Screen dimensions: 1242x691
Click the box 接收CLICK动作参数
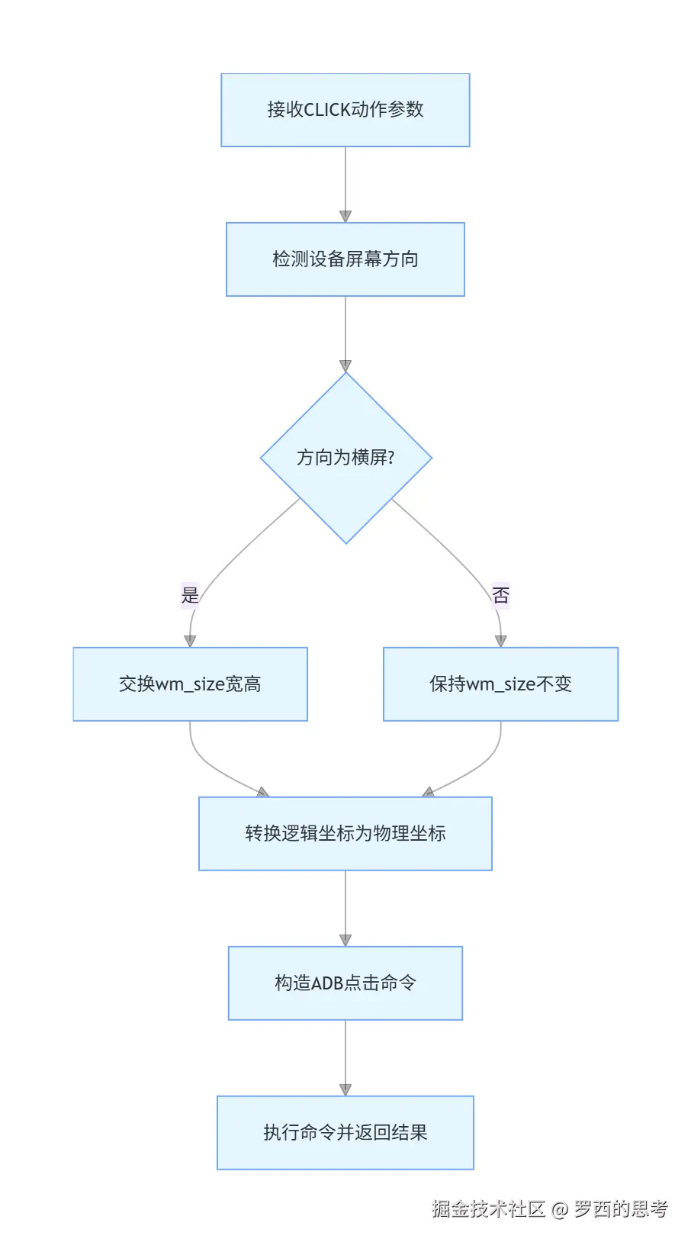pos(345,110)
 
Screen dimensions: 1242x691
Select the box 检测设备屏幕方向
pos(345,259)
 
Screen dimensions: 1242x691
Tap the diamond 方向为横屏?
pos(345,458)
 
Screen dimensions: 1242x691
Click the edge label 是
pos(190,595)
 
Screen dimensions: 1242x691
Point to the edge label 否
pos(500,595)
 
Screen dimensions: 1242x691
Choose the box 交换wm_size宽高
pos(190,684)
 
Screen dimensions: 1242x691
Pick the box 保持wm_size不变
pos(500,684)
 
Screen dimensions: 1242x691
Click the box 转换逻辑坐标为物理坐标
pos(345,834)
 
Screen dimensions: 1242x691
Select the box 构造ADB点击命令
pos(345,983)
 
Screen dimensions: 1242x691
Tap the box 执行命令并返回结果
pos(345,1133)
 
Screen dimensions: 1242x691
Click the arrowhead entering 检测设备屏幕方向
pos(345,217)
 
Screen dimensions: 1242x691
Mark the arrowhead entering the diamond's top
pos(345,366)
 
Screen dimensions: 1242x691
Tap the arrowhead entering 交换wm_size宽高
pos(190,642)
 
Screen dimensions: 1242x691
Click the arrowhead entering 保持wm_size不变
pos(500,642)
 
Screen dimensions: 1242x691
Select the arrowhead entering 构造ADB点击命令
pos(345,941)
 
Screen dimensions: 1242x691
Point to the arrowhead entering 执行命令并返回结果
pos(345,1090)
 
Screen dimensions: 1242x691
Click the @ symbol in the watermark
pos(560,1210)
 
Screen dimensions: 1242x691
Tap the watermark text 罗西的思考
pos(621,1209)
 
